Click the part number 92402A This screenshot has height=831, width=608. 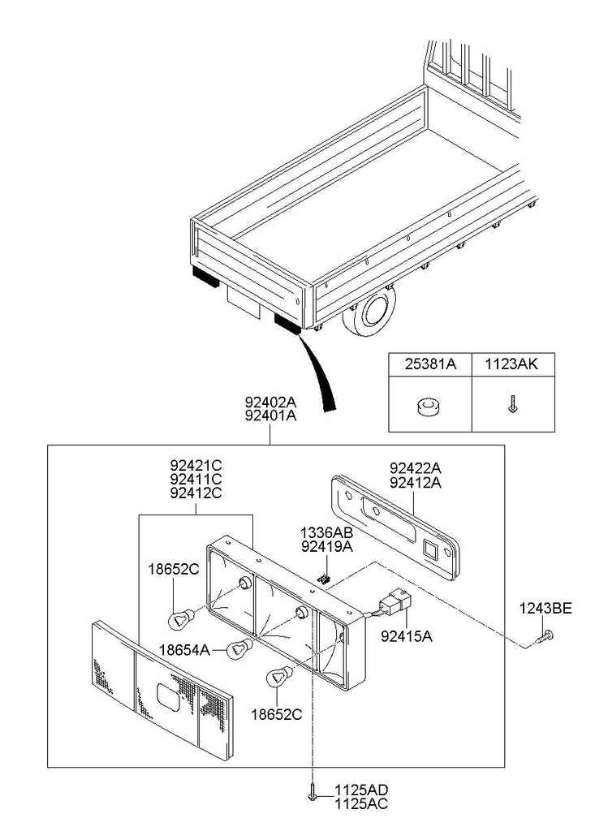270,401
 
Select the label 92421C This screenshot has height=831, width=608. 196,466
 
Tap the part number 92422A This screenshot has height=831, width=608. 416,468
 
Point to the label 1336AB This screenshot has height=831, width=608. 326,533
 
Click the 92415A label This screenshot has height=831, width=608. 407,637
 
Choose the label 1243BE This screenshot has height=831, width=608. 546,606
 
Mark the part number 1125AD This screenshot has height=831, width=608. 360,790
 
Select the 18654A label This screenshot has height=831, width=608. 184,649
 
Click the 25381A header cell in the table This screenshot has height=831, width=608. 430,365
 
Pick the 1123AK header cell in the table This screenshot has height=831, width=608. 512,365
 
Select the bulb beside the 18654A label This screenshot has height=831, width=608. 237,648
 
